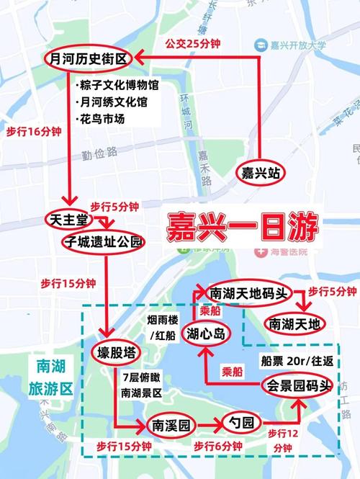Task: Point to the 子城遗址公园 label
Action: pyautogui.click(x=104, y=241)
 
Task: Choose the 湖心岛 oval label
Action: pyautogui.click(x=208, y=333)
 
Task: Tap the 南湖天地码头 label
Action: pyautogui.click(x=249, y=293)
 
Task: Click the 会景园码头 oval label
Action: pyautogui.click(x=297, y=385)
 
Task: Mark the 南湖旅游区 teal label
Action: pyautogui.click(x=50, y=378)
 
